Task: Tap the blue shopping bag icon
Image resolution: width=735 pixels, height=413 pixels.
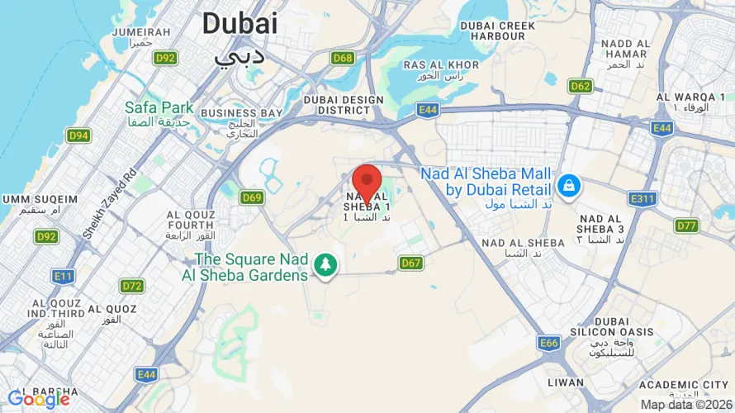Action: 569,186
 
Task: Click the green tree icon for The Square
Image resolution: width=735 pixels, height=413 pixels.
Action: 327,266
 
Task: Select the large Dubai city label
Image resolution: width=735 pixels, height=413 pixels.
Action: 239,23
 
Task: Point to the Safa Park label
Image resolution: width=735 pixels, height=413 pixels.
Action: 159,107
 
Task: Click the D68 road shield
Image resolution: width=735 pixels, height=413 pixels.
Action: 343,58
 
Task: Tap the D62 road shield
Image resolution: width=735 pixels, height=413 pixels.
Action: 581,86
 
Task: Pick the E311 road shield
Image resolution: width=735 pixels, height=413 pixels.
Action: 643,199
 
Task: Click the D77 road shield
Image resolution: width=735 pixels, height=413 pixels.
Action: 686,225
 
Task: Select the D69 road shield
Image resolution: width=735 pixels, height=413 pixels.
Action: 252,197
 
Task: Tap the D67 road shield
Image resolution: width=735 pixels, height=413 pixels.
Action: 411,263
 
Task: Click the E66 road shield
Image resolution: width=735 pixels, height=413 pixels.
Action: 549,342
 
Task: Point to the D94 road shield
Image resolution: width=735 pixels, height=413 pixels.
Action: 79,135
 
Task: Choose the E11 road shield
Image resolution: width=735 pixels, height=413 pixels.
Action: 63,275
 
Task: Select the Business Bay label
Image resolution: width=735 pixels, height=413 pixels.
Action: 241,113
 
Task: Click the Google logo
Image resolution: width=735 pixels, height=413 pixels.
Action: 39,399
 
